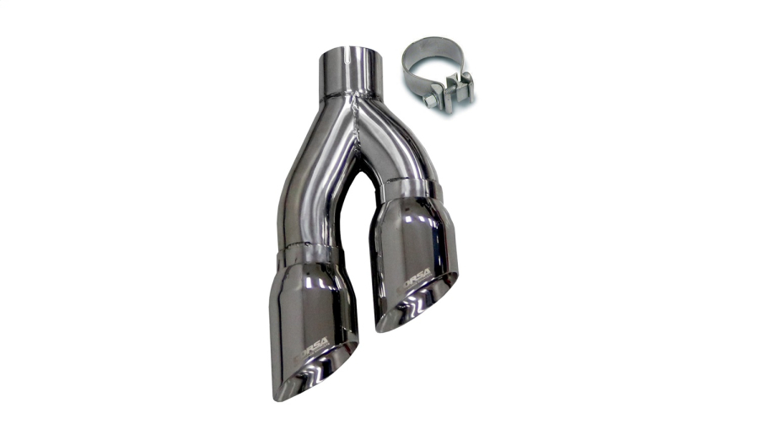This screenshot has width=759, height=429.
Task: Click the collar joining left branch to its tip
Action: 310,254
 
